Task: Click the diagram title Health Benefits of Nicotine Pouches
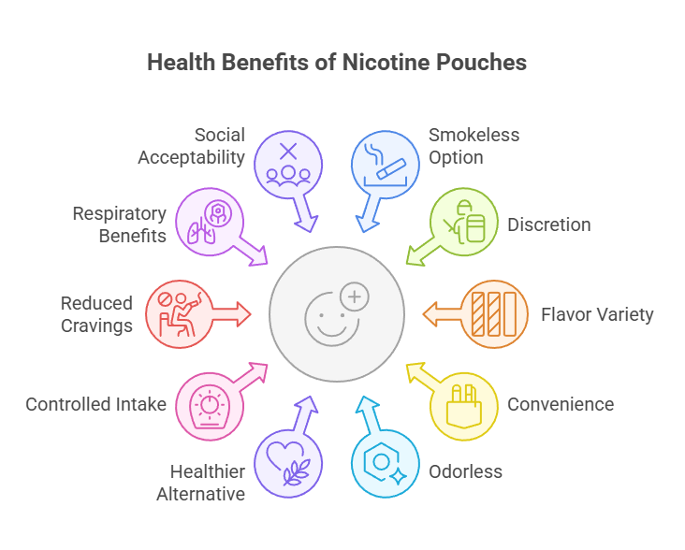point(337,63)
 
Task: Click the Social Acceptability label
point(192,145)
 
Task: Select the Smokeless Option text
point(474,145)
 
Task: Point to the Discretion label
point(548,224)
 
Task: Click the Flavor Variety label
point(597,313)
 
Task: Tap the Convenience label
point(560,404)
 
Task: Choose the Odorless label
point(465,470)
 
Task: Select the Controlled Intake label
point(96,404)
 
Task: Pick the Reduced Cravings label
point(96,313)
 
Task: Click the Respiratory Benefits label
point(120,224)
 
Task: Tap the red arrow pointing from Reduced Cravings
point(233,313)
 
